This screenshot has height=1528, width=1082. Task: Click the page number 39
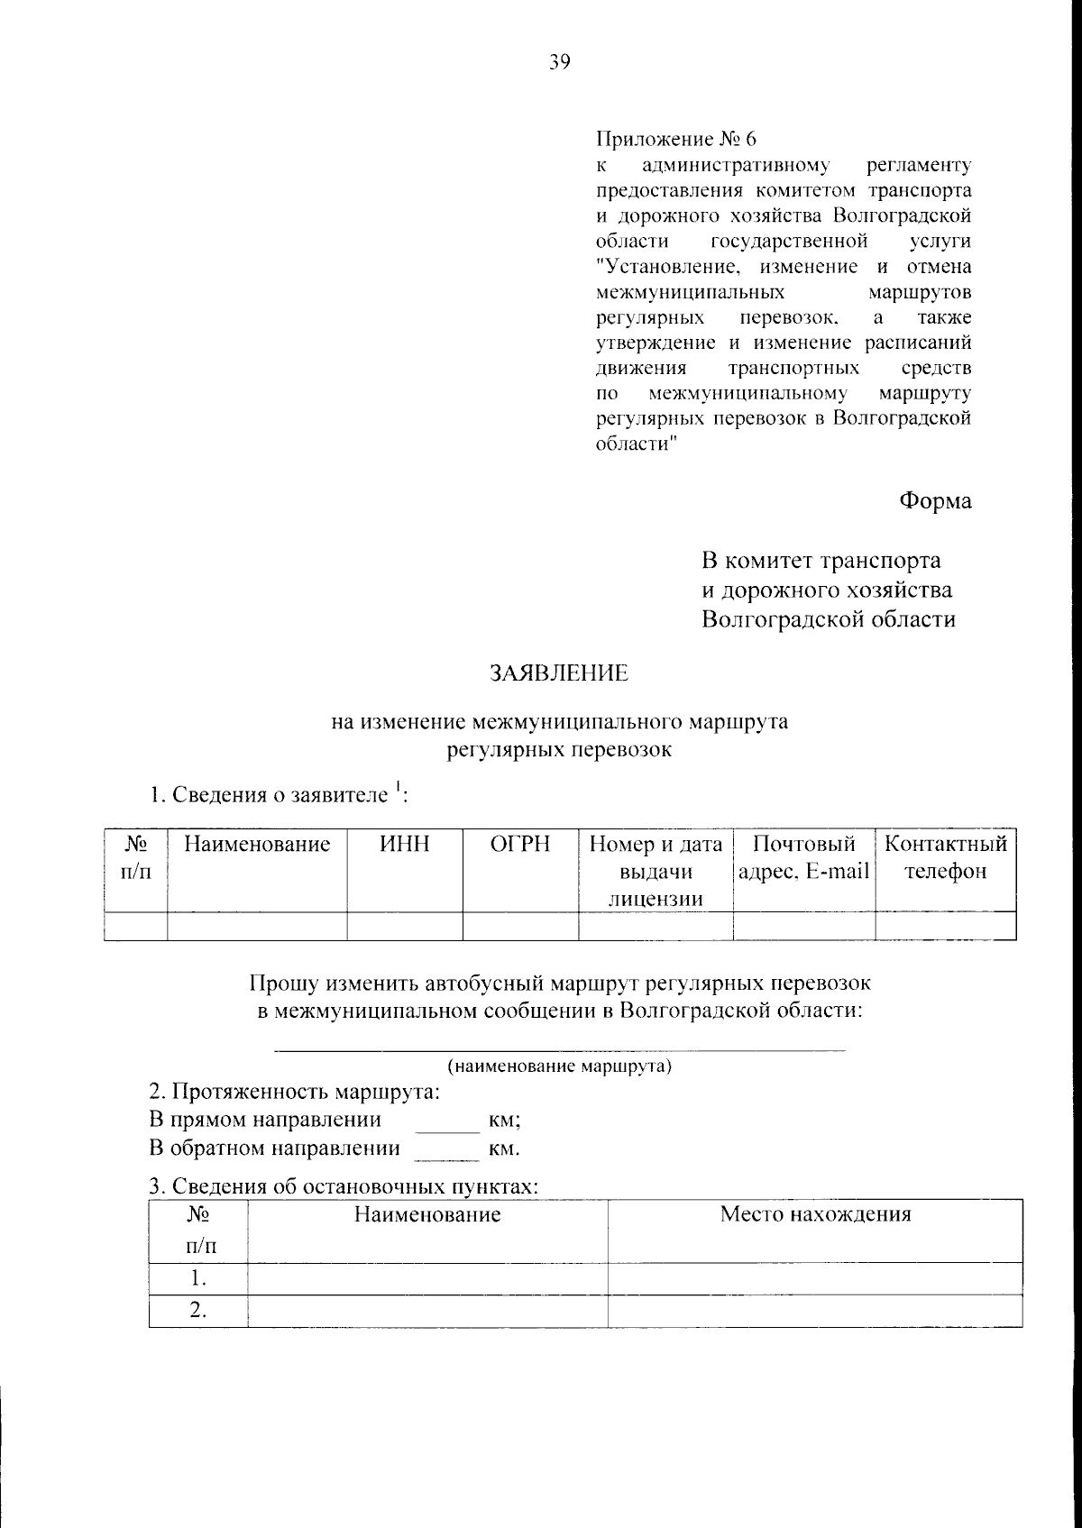point(559,62)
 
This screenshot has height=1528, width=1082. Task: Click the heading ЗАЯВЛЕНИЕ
point(558,673)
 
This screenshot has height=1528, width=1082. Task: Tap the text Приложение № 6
point(676,140)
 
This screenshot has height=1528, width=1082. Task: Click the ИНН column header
point(405,845)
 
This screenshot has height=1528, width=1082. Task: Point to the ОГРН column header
point(520,845)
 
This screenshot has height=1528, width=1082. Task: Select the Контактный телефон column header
point(945,858)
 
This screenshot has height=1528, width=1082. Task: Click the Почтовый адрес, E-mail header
point(803,858)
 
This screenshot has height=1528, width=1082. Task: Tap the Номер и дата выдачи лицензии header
point(656,871)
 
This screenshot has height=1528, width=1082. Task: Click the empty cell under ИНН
point(405,926)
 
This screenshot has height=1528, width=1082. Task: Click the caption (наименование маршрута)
point(560,1066)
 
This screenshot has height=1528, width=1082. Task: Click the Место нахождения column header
point(815,1214)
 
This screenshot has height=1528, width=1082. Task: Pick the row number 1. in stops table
point(198,1278)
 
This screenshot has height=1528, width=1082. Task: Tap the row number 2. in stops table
point(198,1311)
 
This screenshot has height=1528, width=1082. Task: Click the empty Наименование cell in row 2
point(427,1311)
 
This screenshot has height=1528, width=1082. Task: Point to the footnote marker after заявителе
point(397,788)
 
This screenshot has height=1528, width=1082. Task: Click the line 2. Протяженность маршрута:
point(295,1093)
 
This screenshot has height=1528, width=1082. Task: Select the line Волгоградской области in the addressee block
point(829,619)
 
